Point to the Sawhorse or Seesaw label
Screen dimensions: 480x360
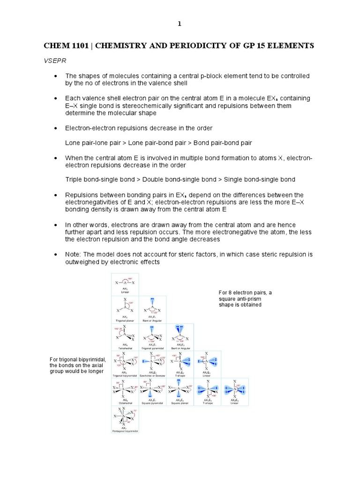click(151, 375)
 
